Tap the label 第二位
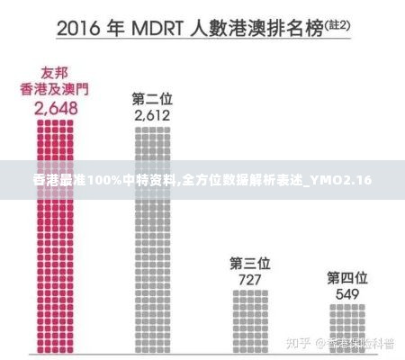pos(152,97)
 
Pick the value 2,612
pos(152,115)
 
